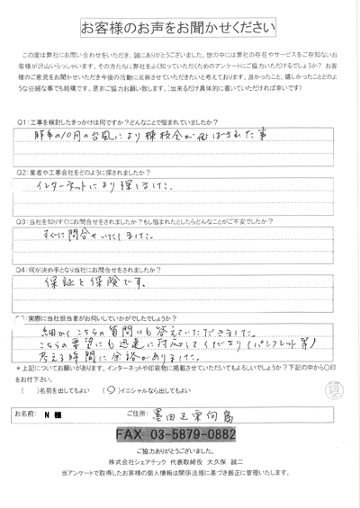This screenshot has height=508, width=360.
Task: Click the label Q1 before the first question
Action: point(21,121)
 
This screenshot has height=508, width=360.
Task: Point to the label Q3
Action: point(21,218)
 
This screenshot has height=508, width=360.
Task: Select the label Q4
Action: point(21,267)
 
